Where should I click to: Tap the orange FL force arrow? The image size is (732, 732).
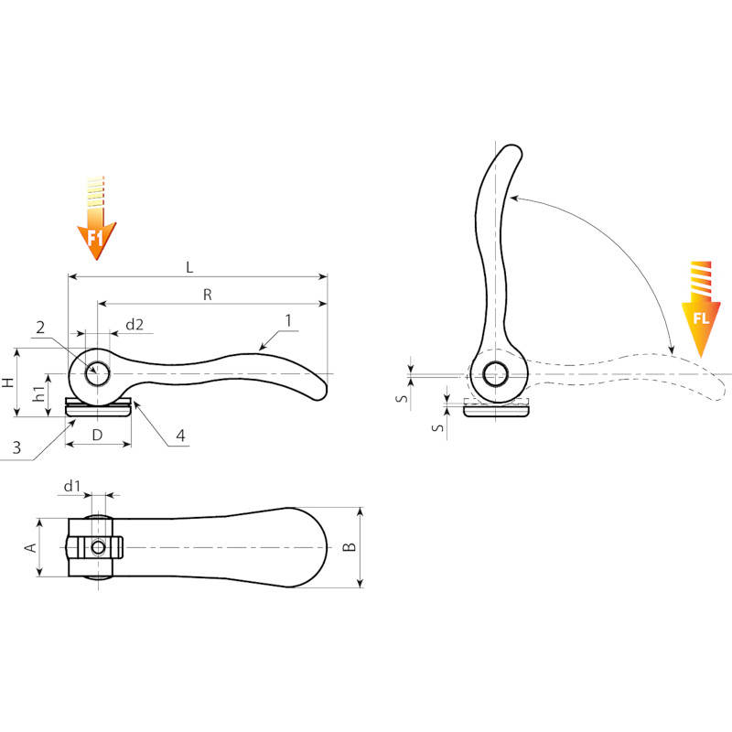700,309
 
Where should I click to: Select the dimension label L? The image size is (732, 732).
189,267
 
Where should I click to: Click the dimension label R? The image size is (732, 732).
208,295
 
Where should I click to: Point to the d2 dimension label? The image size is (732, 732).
135,325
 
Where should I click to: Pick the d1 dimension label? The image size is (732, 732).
72,487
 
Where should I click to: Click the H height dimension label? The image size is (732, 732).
8,382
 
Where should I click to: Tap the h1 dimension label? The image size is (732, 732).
40,393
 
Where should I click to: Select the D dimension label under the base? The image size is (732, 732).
97,436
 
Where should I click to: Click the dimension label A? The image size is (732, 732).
31,547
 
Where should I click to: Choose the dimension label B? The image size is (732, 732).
350,546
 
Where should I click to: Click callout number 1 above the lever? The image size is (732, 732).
288,321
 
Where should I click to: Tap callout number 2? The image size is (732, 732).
40,328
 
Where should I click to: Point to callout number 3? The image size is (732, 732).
16,447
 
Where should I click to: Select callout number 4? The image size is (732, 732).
180,436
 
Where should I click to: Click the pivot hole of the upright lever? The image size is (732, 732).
495,374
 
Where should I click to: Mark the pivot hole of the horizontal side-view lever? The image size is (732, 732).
97,373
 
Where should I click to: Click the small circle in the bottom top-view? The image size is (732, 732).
98,547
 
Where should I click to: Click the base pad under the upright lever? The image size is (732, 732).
496,410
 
